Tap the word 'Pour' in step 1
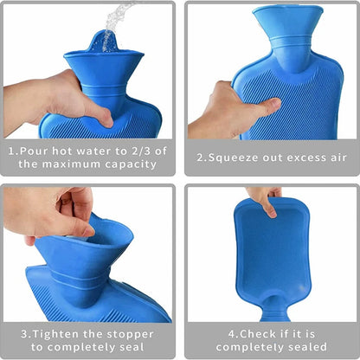click(33, 151)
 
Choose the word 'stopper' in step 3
click(130, 335)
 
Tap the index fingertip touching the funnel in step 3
click(87, 231)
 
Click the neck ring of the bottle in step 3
click(80, 279)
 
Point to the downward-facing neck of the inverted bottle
click(274, 310)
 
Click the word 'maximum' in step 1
click(72, 164)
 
